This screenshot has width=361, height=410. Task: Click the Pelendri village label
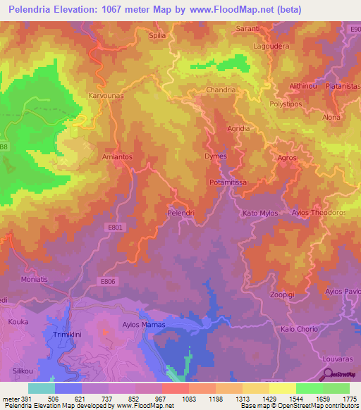tap(180, 211)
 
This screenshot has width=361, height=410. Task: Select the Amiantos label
tap(117, 157)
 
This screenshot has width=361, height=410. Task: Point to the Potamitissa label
tap(227, 182)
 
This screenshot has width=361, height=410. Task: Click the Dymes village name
tap(215, 156)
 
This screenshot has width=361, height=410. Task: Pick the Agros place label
tap(287, 158)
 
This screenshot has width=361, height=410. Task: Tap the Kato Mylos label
tap(261, 212)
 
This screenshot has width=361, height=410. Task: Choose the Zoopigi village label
tap(286, 296)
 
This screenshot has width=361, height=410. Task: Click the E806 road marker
tap(107, 281)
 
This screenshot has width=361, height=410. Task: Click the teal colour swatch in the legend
tap(42, 388)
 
